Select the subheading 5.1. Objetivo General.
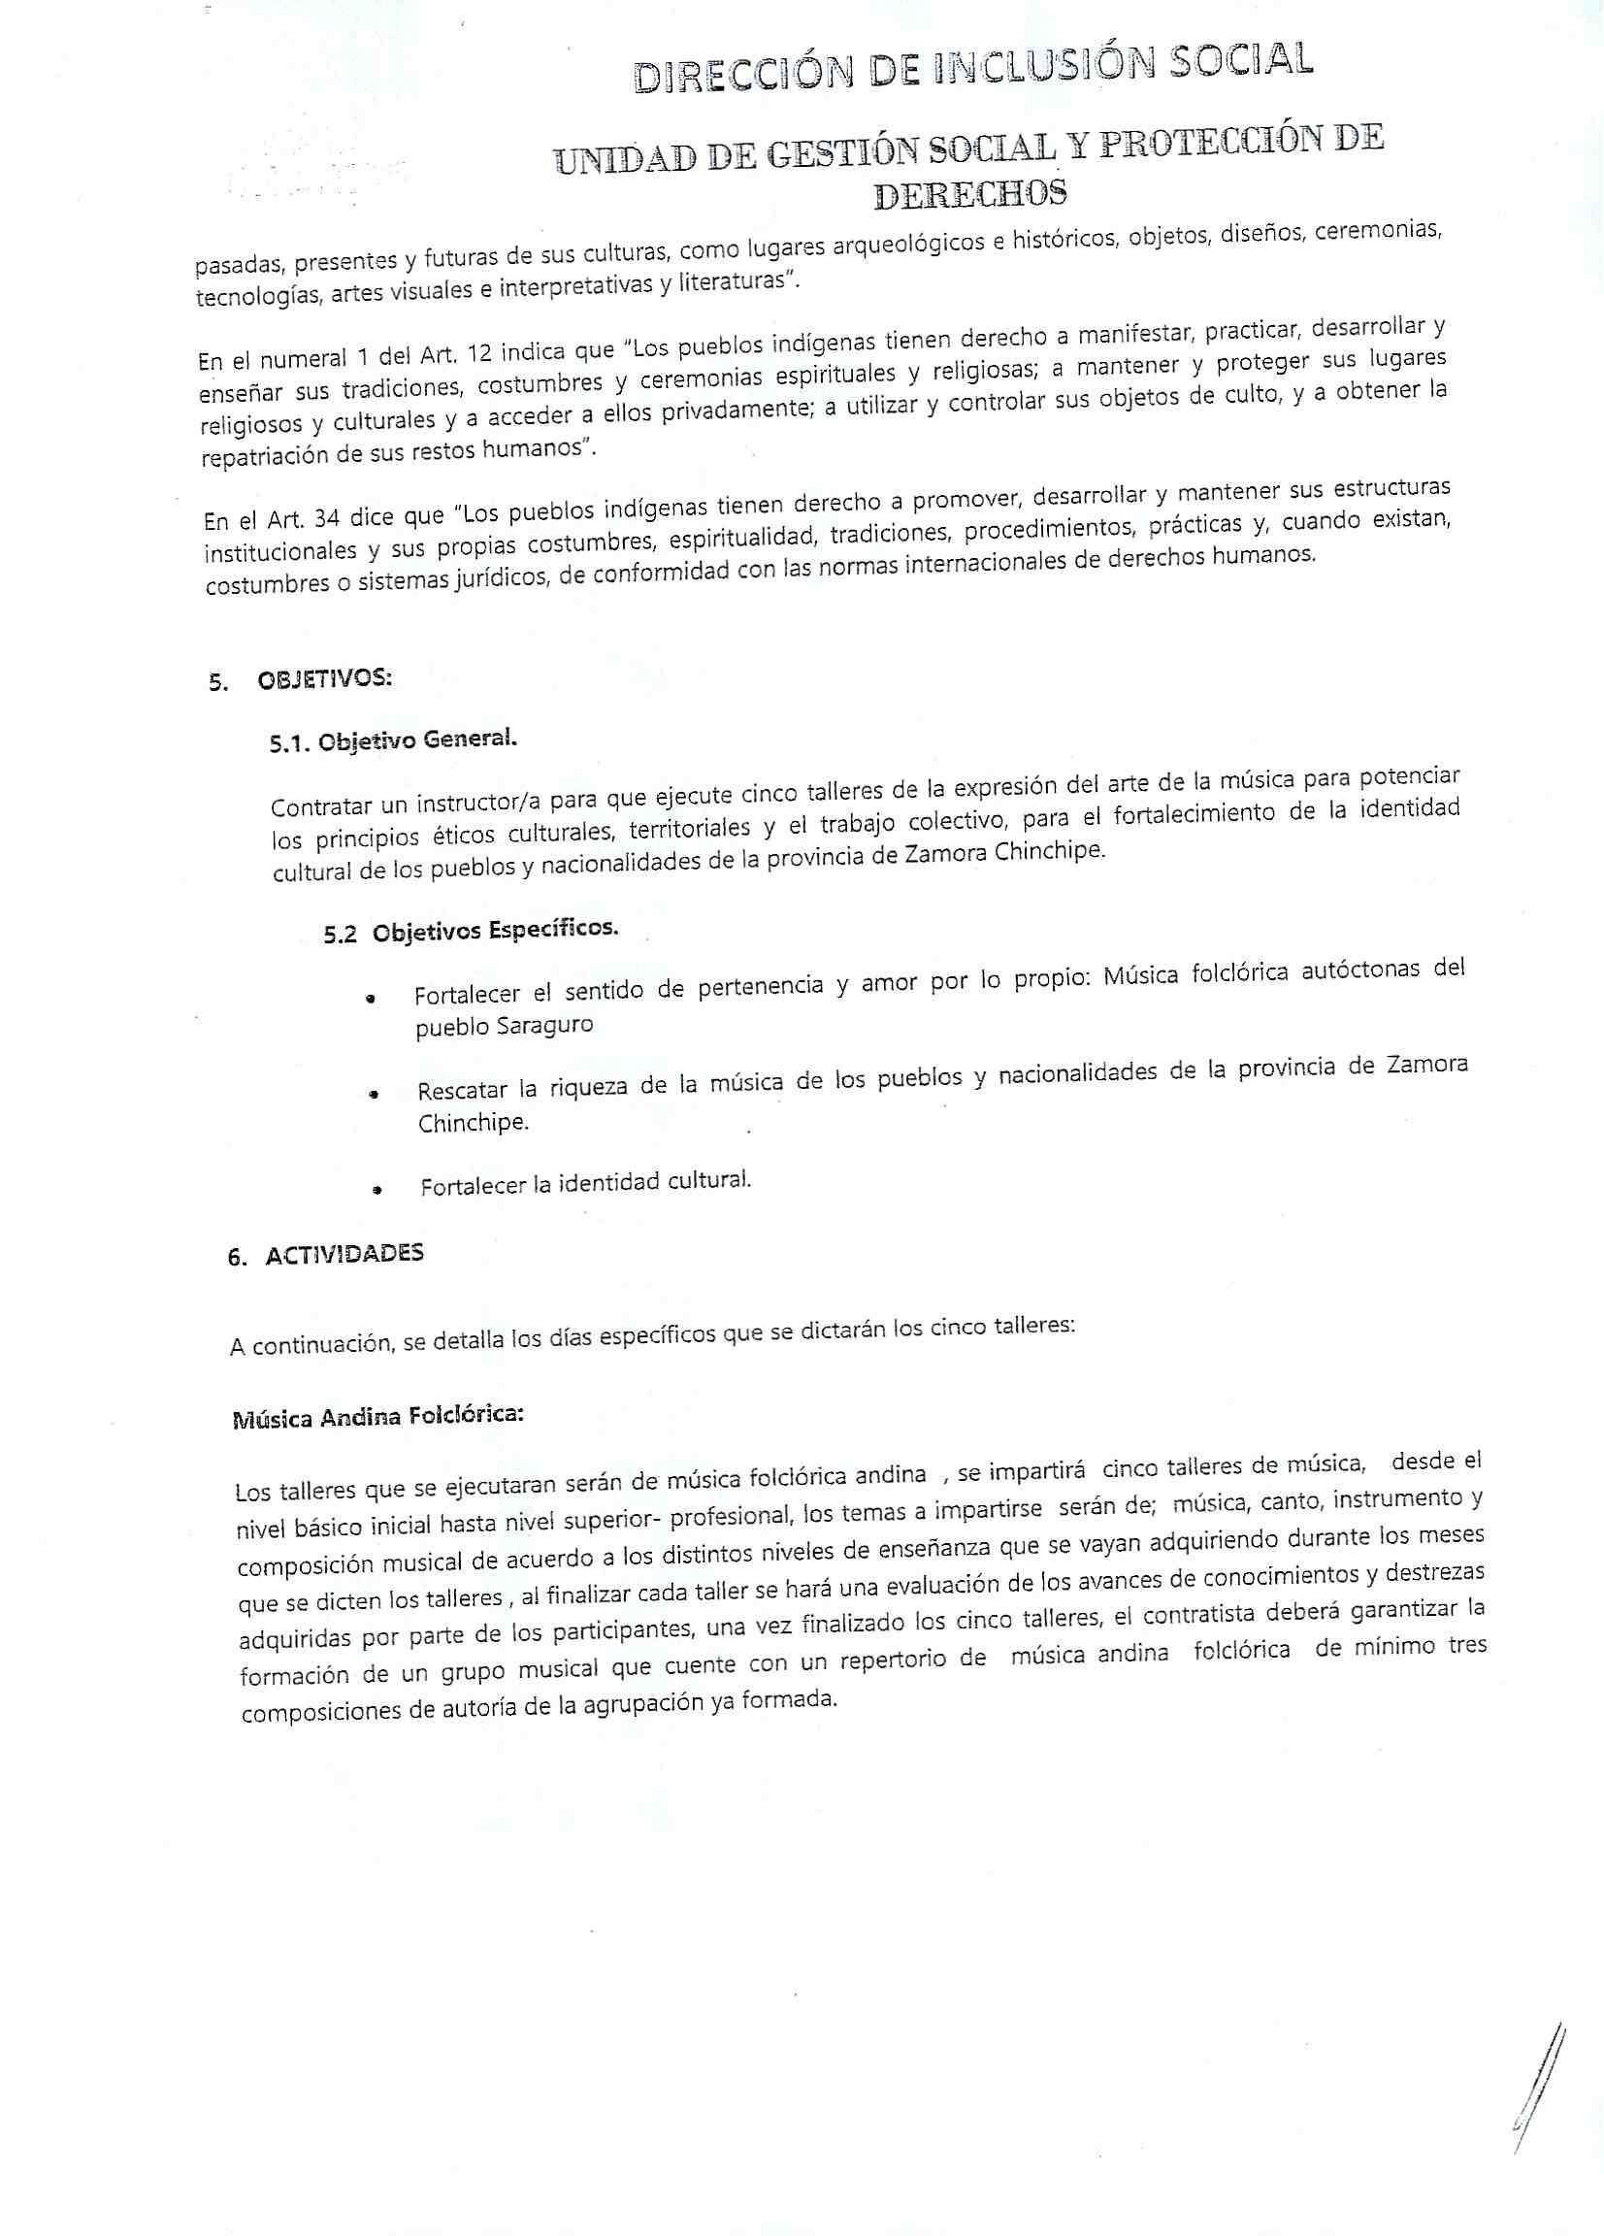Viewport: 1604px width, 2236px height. (392, 742)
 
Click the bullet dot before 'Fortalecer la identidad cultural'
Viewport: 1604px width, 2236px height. (376, 1190)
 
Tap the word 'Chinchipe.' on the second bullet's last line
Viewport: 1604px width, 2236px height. (473, 1123)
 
